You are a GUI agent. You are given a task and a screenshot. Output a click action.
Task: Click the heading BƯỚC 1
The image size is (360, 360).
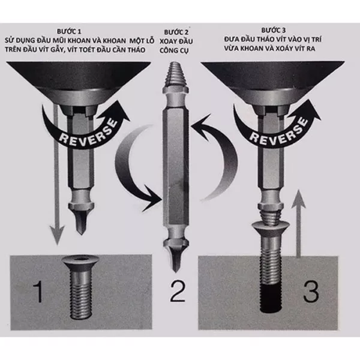point(69,31)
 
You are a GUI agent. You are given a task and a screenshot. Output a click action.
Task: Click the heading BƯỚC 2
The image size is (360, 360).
point(176,32)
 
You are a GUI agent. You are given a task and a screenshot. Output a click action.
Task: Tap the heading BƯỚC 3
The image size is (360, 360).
point(274,30)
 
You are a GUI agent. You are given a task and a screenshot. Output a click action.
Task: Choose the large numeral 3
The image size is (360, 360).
point(311,291)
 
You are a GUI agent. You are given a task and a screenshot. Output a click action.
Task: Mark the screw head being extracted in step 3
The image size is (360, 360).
point(271,230)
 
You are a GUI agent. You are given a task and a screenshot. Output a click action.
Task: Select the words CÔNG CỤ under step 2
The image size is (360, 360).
point(174,50)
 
